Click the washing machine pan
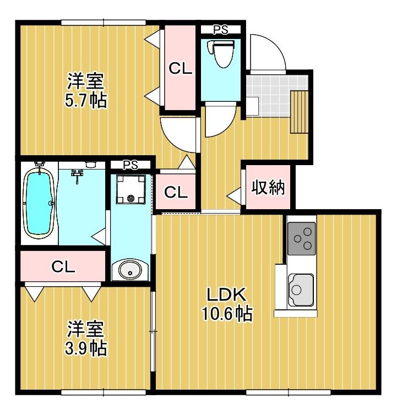pyautogui.click(x=131, y=190)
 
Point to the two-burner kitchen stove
pyautogui.click(x=301, y=238)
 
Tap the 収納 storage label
pyautogui.click(x=268, y=188)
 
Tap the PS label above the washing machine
pyautogui.click(x=130, y=165)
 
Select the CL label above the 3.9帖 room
pyautogui.click(x=63, y=266)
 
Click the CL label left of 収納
pyautogui.click(x=176, y=192)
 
